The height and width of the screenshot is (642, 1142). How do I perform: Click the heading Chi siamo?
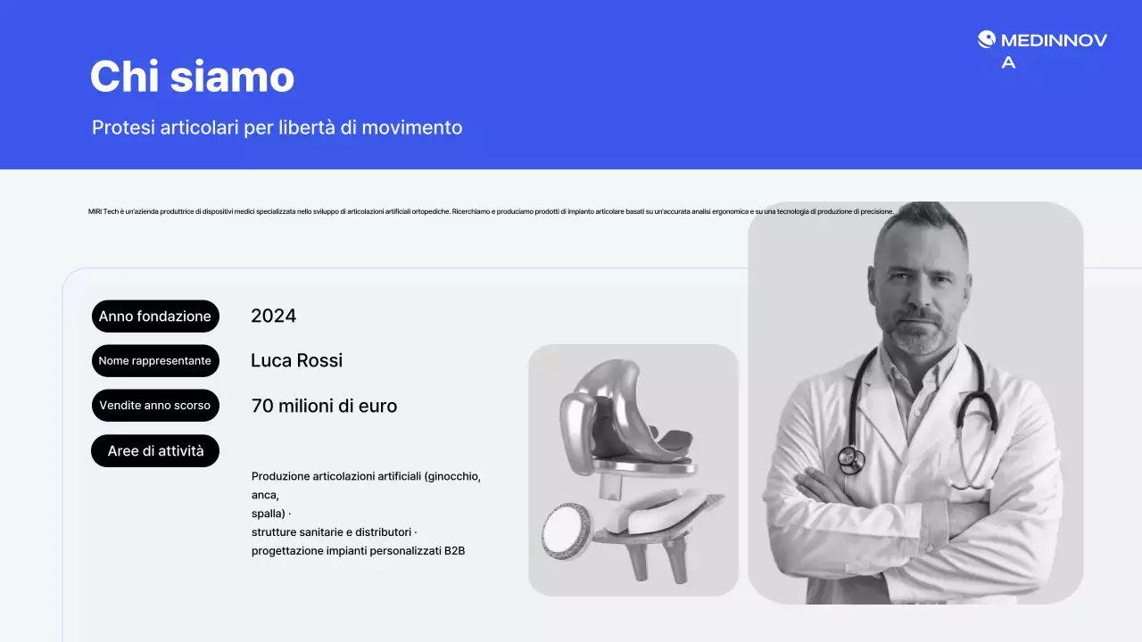192,77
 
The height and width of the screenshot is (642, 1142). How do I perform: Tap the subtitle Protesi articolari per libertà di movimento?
277,128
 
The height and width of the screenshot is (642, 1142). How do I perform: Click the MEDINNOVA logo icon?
986,39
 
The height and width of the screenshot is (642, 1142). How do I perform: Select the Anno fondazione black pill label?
155,317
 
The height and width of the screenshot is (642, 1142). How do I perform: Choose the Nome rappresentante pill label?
155,361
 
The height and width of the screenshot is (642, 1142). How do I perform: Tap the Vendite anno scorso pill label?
155,406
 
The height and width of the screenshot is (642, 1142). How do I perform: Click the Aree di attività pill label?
155,451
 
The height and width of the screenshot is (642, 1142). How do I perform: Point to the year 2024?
273,316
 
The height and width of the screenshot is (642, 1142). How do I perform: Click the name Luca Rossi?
296,360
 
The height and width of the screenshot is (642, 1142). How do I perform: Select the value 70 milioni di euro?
324,406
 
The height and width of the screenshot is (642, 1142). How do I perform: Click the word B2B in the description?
454,551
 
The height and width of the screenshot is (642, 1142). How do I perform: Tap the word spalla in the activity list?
267,514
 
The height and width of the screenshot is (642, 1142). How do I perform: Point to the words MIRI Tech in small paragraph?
103,211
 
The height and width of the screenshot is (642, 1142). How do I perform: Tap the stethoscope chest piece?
850,460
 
